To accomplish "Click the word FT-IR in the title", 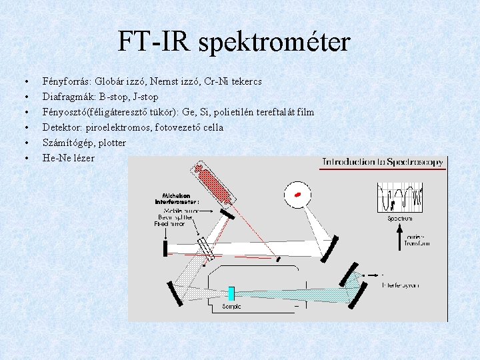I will click(x=155, y=42).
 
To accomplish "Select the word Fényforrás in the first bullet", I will click(x=67, y=81).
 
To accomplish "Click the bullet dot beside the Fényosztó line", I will click(x=26, y=112).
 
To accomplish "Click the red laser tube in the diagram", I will click(x=214, y=184).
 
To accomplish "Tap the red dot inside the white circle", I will click(x=299, y=194).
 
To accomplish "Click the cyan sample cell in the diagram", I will click(x=231, y=294).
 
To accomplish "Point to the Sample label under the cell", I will click(x=231, y=307).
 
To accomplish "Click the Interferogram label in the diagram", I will click(x=400, y=285).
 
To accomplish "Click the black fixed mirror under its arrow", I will click(x=165, y=249).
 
